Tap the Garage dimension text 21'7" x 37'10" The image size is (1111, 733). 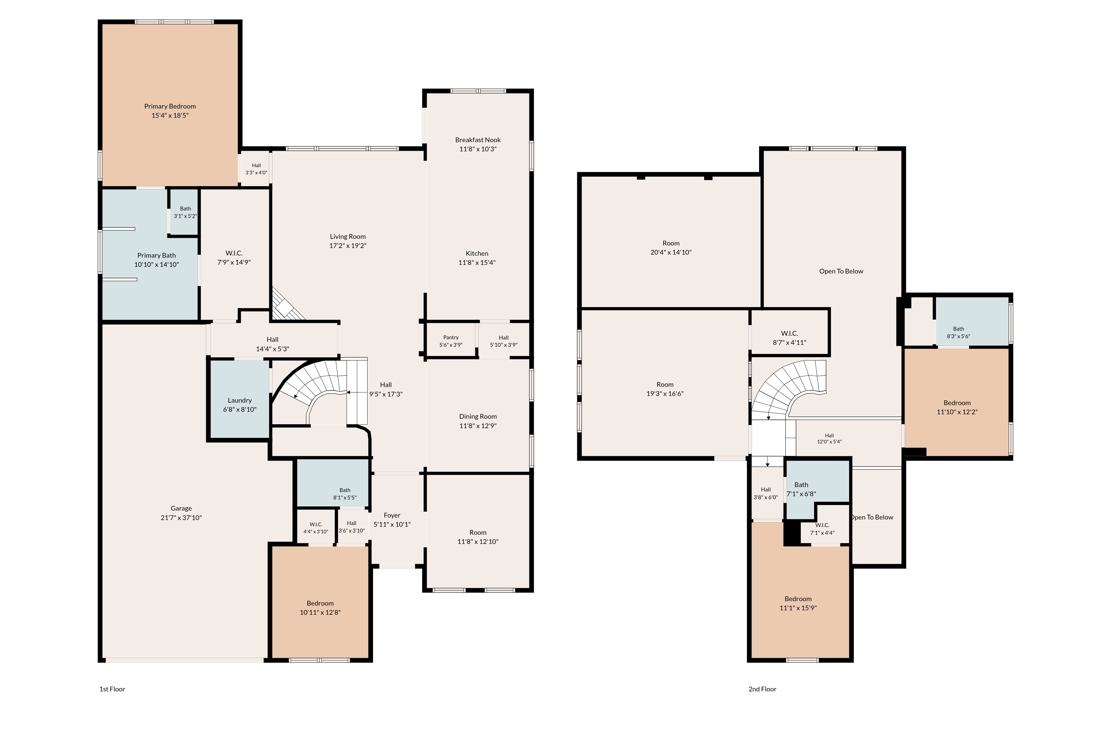(181, 518)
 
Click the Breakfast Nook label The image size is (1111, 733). (478, 140)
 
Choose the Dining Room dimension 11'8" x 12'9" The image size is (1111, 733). (478, 426)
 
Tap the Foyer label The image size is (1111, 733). (392, 515)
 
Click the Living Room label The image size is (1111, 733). (348, 237)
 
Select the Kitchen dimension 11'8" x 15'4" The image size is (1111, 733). (477, 263)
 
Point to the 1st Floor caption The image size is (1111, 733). (112, 689)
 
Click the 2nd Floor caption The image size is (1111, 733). (762, 689)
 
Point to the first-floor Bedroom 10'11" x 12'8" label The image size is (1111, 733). (320, 608)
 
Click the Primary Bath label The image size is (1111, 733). (157, 255)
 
